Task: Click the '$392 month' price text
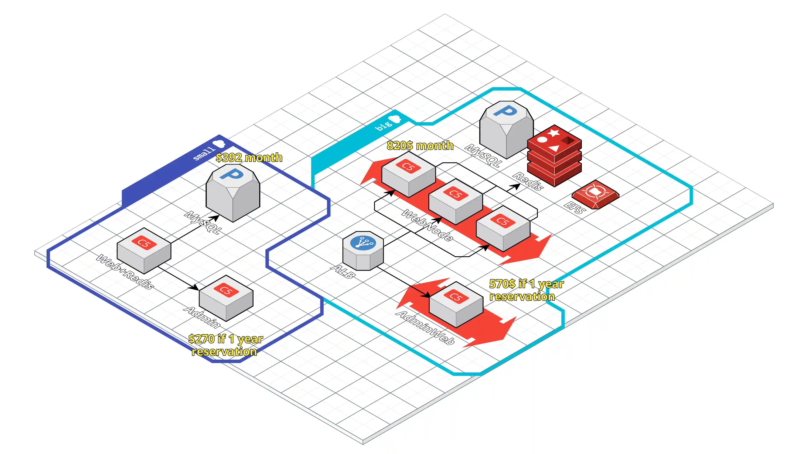pyautogui.click(x=249, y=157)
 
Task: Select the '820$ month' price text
pyautogui.click(x=420, y=145)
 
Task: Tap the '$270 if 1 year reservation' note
pyautogui.click(x=225, y=345)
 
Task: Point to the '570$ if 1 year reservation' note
pyautogui.click(x=526, y=290)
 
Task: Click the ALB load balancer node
pyautogui.click(x=363, y=251)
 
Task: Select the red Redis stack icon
pyautogui.click(x=554, y=157)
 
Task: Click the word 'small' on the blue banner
pyautogui.click(x=204, y=153)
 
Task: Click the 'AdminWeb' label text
pyautogui.click(x=425, y=328)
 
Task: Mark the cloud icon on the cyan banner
pyautogui.click(x=396, y=119)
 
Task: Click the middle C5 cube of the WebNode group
pyautogui.click(x=455, y=202)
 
